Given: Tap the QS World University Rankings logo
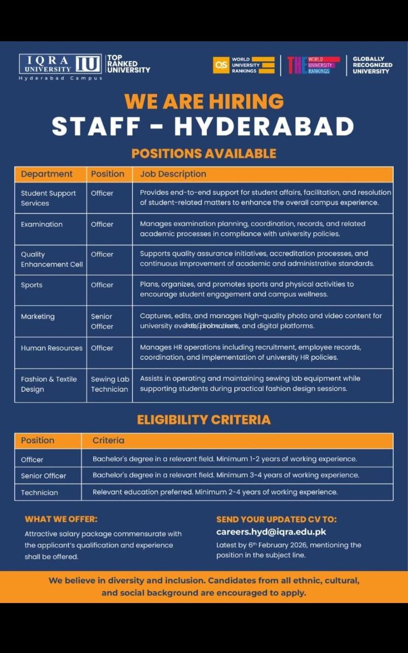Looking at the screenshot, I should [x=244, y=65].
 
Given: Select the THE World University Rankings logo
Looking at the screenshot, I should [x=313, y=65].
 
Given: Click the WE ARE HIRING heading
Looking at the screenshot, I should [x=204, y=101].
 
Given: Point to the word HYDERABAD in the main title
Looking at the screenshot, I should [x=264, y=127].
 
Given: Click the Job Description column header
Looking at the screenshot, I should [x=173, y=174].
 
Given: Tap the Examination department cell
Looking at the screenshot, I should [x=42, y=224].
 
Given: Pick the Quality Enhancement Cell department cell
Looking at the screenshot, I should [x=52, y=259].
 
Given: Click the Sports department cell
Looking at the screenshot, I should [x=32, y=285].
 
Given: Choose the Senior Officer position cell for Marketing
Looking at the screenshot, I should [x=102, y=321].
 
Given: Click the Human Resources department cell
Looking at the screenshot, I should [x=52, y=348].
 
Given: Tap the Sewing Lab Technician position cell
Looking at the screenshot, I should [x=110, y=384].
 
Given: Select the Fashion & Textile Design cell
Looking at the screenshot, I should [x=48, y=384].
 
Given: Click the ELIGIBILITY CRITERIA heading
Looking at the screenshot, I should [x=203, y=420].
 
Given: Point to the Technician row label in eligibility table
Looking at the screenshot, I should [x=39, y=493].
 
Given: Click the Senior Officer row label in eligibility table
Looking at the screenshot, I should [x=43, y=476].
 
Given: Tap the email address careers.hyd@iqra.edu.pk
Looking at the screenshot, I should [x=271, y=532].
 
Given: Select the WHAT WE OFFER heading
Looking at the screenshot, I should [x=61, y=519].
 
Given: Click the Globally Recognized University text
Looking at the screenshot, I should [x=372, y=65].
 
